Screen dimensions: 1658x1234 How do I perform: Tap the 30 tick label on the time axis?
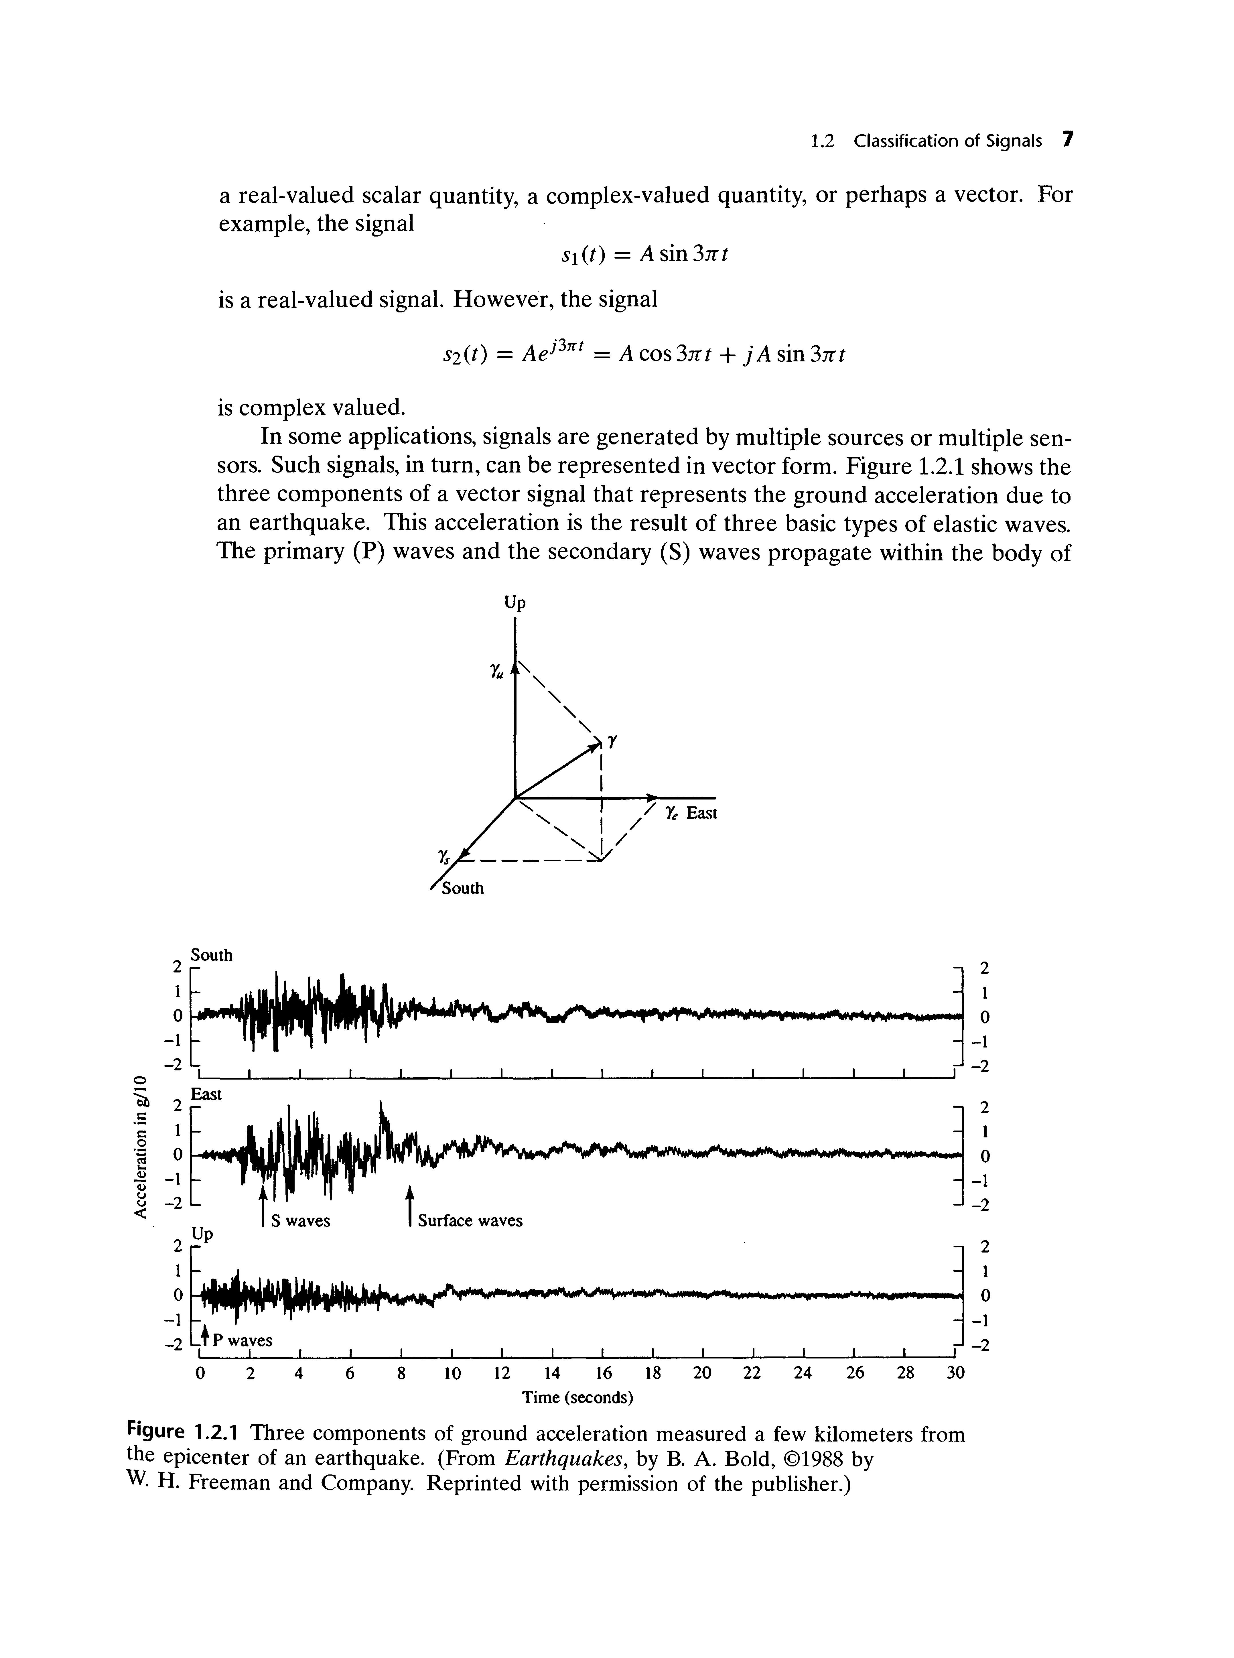tap(955, 1373)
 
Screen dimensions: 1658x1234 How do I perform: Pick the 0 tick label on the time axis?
tap(199, 1373)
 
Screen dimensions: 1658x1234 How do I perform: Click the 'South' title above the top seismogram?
tap(212, 955)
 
